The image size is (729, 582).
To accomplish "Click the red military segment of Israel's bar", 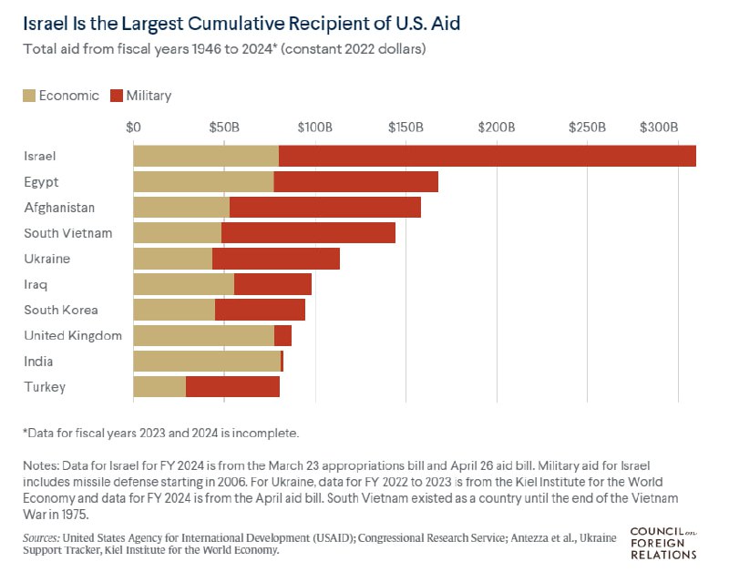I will (x=488, y=156).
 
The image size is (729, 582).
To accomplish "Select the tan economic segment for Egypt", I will (x=203, y=181).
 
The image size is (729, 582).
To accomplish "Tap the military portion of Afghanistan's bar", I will (x=325, y=208).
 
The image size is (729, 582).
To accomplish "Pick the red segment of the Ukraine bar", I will (x=276, y=259).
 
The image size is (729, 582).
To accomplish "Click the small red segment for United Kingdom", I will (x=282, y=336).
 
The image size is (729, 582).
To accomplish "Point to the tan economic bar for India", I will (x=207, y=362).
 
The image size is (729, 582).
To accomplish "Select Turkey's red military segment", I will (x=232, y=387).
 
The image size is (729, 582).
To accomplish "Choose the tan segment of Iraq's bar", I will (x=183, y=284).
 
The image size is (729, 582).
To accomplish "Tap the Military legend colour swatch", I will (x=117, y=96).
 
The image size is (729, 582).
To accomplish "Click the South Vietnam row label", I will (x=68, y=233).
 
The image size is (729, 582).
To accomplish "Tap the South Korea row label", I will (x=60, y=310).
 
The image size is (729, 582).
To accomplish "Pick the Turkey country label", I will (x=45, y=387).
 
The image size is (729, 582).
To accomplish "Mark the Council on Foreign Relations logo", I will (x=663, y=542).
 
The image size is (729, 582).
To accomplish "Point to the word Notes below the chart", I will (x=41, y=465).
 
